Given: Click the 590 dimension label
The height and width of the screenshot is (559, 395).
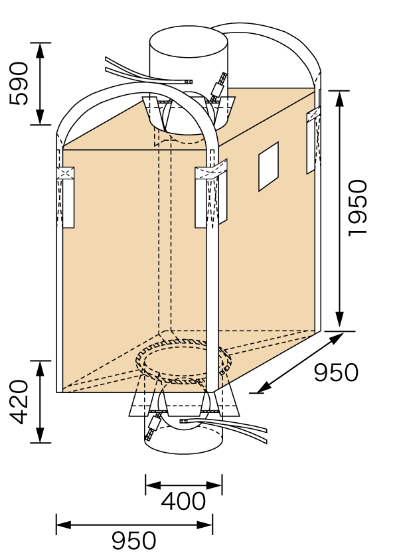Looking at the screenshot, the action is tap(19, 84).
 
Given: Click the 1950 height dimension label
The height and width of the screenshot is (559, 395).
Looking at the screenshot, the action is tap(358, 208).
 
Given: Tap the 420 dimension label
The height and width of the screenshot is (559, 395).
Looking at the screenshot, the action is tap(19, 402).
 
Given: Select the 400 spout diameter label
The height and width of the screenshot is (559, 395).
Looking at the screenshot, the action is tap(183, 501).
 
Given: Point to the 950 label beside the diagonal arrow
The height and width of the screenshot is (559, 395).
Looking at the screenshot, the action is tap(336, 372).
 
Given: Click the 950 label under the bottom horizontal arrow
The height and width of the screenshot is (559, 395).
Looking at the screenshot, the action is tap(133, 540).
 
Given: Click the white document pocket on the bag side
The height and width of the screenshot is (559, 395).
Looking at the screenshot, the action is tap(268, 167).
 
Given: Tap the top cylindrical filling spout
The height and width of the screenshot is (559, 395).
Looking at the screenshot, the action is tap(189, 59).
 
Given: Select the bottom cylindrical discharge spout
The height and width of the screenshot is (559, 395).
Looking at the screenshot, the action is tap(183, 433).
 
